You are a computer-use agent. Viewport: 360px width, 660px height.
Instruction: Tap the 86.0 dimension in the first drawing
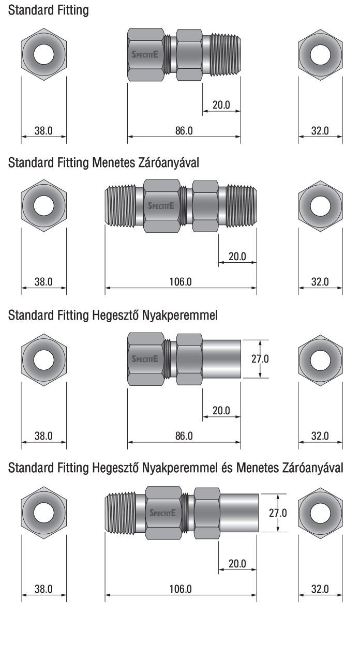184,130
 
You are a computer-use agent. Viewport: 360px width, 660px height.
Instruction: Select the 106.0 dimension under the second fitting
181,282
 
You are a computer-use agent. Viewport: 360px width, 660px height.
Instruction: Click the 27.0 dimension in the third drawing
260,359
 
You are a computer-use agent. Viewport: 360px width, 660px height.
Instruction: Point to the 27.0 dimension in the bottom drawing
278,513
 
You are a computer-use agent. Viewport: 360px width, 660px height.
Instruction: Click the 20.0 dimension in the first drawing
221,105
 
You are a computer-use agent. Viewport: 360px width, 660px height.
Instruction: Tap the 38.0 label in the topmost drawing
43,130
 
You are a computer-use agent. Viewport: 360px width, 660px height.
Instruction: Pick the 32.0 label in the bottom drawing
320,589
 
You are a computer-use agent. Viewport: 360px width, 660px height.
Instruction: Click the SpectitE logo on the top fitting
145,54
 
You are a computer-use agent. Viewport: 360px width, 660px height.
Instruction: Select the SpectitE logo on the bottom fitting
162,513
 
